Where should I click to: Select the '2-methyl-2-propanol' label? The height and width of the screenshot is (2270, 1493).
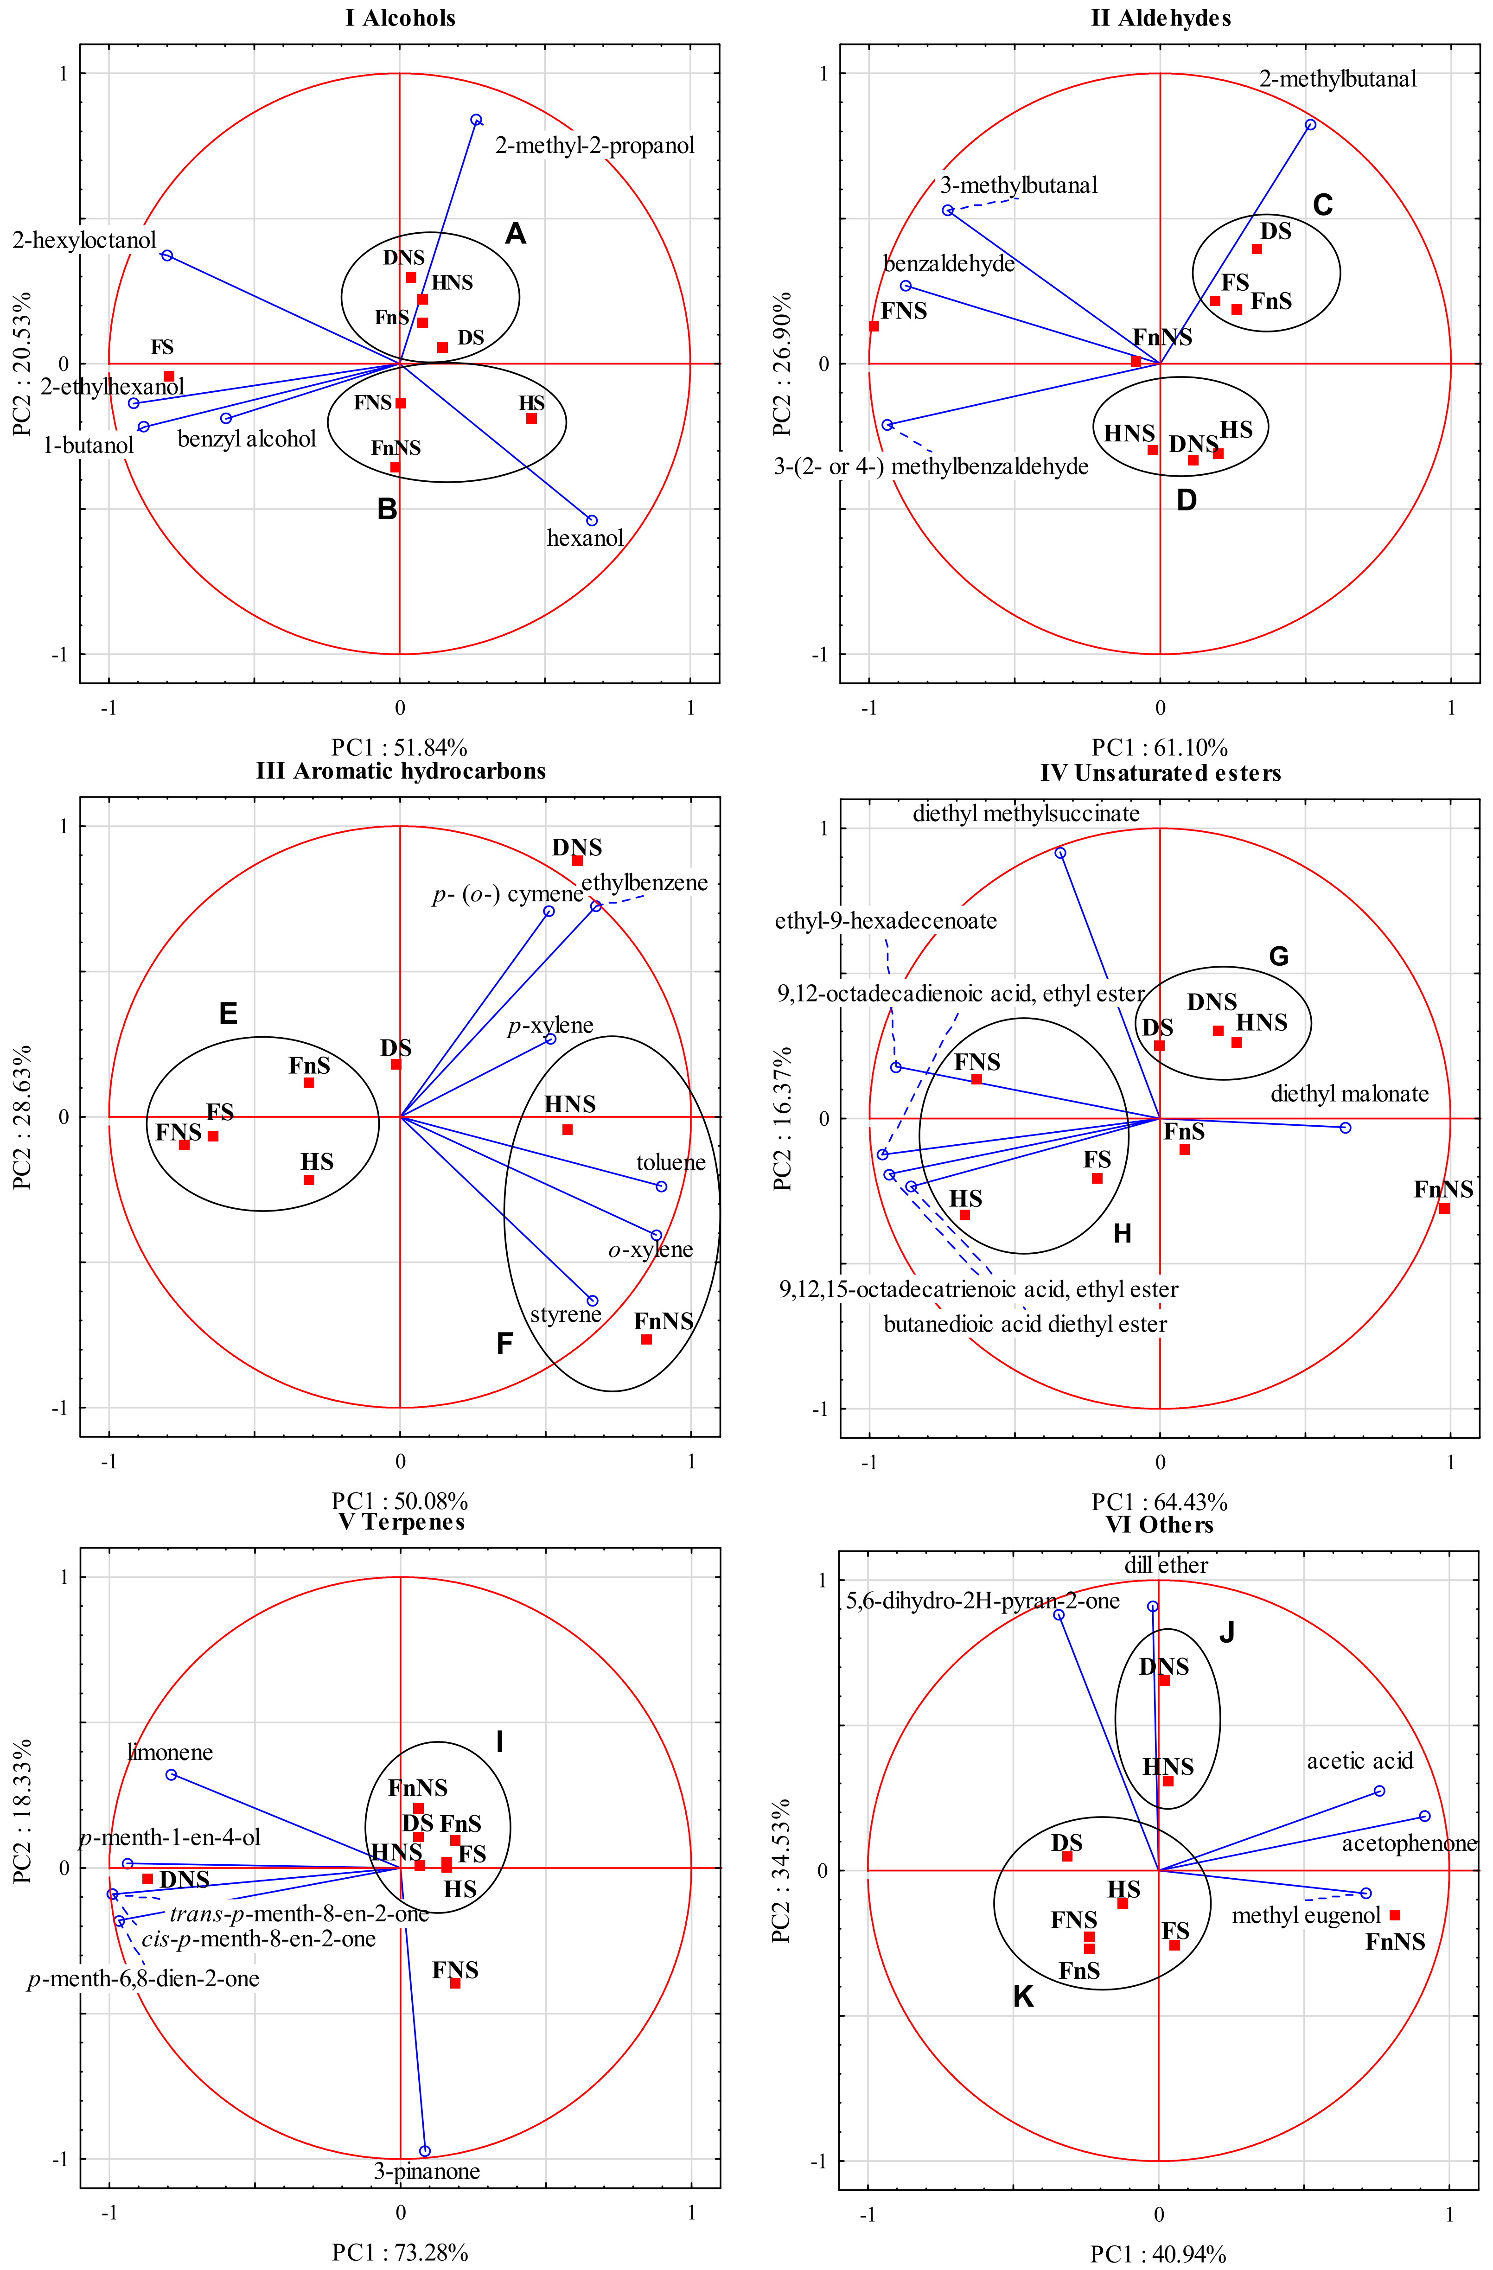tap(594, 146)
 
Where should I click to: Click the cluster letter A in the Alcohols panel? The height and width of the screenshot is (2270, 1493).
tap(515, 234)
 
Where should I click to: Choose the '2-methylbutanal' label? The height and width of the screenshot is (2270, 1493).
tap(1338, 79)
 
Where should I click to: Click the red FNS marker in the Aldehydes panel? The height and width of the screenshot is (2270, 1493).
tap(874, 326)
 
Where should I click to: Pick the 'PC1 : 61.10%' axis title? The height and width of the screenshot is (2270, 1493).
tap(1159, 748)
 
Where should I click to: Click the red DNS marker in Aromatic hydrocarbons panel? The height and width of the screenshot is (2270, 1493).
tap(577, 861)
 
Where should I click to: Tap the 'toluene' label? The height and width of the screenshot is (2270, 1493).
tap(670, 1163)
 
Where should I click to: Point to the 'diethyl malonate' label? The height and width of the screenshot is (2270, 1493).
tap(1349, 1094)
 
